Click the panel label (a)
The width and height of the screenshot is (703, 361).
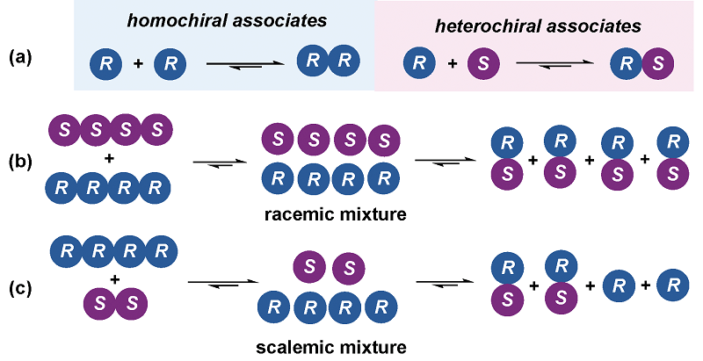21,60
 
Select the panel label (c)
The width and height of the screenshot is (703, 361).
21,285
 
